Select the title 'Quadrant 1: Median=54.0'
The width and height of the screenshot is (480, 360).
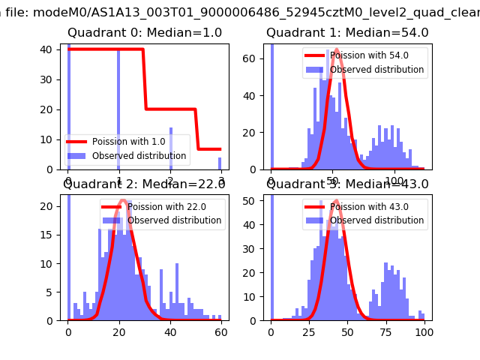(x=347, y=33)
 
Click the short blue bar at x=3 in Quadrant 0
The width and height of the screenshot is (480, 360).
(x=220, y=163)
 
